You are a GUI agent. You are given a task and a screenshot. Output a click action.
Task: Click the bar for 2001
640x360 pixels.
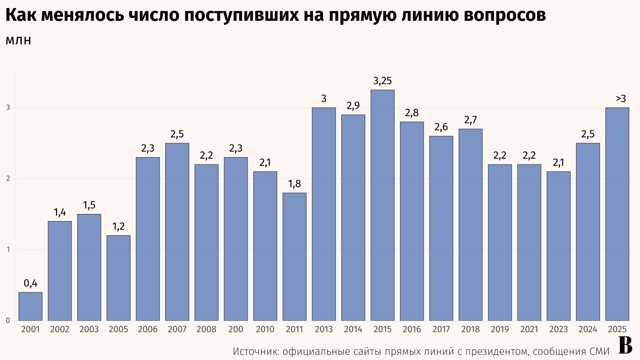(30, 306)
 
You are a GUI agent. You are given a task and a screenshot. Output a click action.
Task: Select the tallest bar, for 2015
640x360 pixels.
(382, 205)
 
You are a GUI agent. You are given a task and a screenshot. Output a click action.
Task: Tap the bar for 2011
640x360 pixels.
(294, 257)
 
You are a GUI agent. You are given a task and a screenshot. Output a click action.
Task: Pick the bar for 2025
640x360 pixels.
(617, 214)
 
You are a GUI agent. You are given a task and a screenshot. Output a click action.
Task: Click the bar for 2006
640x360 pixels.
(148, 239)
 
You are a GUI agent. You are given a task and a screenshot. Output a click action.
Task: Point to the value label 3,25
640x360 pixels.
(382, 81)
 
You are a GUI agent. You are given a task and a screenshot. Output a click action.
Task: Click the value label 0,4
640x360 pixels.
(30, 284)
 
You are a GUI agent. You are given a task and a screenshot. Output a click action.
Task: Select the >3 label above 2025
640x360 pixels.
(621, 98)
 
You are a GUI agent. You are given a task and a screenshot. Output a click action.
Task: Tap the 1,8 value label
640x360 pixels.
(294, 184)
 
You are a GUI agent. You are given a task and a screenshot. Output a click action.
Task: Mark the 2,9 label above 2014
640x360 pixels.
(353, 106)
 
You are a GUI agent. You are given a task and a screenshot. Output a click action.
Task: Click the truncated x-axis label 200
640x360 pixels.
(236, 329)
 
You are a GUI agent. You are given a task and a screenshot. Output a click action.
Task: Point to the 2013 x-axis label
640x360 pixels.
(324, 329)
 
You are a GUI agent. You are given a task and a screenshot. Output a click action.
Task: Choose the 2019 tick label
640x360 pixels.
(500, 329)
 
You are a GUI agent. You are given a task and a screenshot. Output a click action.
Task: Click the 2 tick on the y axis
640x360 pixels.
(8, 178)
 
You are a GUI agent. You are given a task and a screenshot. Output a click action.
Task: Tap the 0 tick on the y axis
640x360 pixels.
(8, 320)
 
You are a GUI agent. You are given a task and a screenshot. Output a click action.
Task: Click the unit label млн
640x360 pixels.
(18, 40)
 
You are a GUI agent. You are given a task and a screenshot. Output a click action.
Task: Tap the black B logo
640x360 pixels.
(625, 346)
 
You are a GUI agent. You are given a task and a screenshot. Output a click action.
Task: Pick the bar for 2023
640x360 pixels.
(558, 246)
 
